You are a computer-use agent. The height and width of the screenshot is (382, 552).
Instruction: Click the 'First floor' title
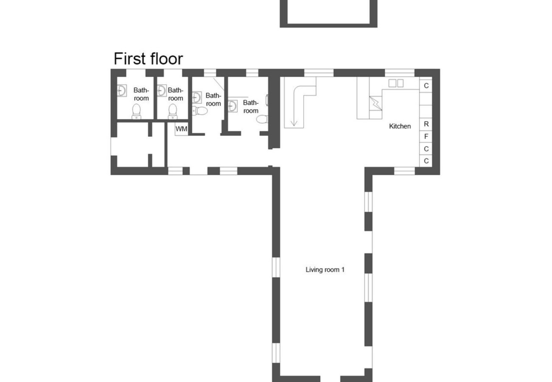click(x=148, y=59)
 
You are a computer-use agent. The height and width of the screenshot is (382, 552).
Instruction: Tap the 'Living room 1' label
click(x=325, y=270)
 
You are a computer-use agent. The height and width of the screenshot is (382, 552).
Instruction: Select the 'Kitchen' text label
click(x=400, y=126)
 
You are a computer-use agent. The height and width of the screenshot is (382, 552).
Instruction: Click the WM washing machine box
click(x=181, y=129)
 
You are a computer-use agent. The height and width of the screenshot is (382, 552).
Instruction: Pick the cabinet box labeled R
click(x=426, y=124)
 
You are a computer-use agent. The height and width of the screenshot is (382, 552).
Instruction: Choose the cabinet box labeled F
click(x=426, y=137)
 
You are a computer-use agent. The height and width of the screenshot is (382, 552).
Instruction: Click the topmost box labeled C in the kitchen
click(x=426, y=86)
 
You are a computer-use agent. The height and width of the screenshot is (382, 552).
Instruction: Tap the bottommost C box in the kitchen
click(x=426, y=161)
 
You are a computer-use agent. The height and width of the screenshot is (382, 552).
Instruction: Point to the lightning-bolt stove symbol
click(x=375, y=103)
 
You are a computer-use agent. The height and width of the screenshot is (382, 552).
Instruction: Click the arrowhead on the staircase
click(x=293, y=124)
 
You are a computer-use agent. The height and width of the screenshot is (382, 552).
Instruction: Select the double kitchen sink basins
click(x=396, y=83)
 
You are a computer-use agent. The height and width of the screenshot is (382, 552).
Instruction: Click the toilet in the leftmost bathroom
click(x=136, y=111)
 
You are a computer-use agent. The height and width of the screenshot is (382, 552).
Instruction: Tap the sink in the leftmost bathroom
click(x=121, y=90)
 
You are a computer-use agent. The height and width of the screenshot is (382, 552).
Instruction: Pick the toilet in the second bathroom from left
click(x=172, y=111)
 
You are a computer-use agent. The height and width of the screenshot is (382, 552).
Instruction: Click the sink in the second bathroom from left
click(x=161, y=90)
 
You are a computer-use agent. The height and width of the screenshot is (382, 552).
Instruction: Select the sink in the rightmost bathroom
click(x=232, y=106)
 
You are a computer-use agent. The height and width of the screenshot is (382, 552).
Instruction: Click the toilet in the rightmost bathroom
click(x=262, y=119)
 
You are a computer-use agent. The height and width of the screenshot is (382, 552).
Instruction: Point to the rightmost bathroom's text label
click(x=251, y=107)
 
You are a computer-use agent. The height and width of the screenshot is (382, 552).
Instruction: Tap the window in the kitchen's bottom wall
click(x=404, y=171)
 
